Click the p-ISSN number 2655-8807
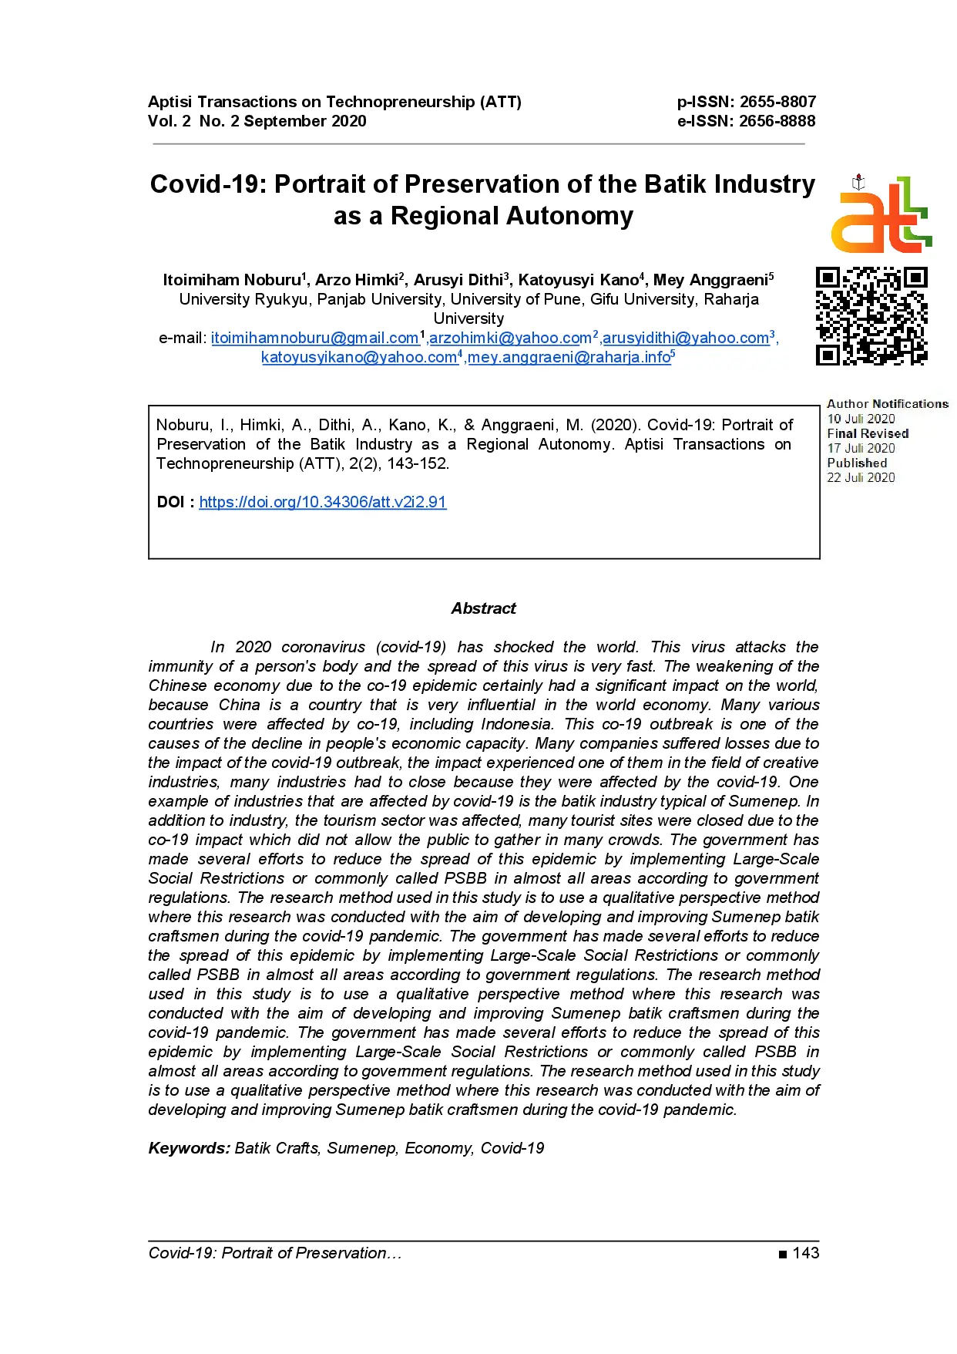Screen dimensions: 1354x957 pos(777,102)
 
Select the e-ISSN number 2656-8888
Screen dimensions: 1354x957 pos(777,121)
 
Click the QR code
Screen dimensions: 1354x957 pos(871,315)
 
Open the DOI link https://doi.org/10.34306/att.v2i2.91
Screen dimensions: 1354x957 pos(323,502)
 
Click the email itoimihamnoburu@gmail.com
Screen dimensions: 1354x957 pos(314,338)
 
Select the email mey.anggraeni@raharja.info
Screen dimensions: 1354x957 pos(569,357)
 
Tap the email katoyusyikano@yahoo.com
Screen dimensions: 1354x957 pos(359,357)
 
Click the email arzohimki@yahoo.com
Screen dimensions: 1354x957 pos(510,338)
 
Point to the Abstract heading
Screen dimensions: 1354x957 pos(483,608)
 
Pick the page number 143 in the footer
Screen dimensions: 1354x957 pos(805,1253)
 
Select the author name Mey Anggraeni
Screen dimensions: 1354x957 pos(710,280)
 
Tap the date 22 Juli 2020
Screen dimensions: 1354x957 pos(861,478)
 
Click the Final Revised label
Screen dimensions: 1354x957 pos(868,433)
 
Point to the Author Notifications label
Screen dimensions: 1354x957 pos(888,404)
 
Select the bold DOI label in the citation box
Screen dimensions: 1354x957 pos(170,502)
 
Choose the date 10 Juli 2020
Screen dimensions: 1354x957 pos(861,419)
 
